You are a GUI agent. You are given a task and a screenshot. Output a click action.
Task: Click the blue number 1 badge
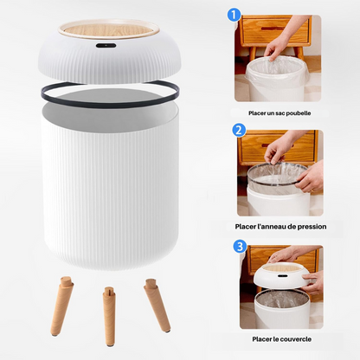tap(233, 14)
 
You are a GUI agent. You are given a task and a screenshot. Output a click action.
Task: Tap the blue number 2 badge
tap(239, 131)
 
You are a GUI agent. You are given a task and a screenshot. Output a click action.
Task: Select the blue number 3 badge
tap(239, 246)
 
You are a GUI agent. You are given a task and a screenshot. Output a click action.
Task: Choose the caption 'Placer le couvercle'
tap(280, 339)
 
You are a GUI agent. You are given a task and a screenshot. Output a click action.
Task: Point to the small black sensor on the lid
tap(106, 43)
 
